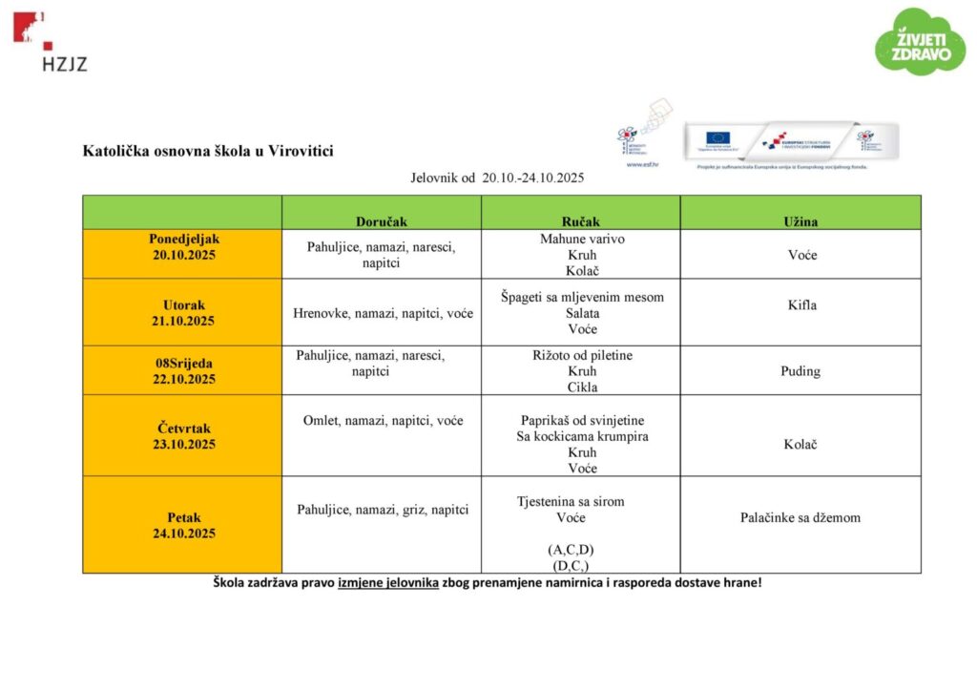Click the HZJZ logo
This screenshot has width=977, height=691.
(x=51, y=42)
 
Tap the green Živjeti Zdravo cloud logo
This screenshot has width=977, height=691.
(x=920, y=42)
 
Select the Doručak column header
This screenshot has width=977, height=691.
(x=381, y=220)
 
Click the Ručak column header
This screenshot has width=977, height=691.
(x=580, y=220)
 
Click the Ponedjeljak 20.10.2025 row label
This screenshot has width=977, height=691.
(x=183, y=246)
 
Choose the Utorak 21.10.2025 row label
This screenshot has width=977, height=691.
(x=183, y=313)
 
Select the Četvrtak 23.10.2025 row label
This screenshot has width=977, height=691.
(x=183, y=436)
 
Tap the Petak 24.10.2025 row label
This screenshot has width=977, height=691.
(x=183, y=525)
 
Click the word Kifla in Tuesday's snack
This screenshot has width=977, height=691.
(x=800, y=305)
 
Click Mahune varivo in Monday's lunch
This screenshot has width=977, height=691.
(x=582, y=239)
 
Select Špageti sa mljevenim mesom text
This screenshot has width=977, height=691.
(x=582, y=297)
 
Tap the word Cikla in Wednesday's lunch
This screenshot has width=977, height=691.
(x=582, y=387)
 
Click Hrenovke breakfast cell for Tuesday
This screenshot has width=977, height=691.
(x=383, y=312)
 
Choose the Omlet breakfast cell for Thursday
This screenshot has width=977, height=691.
(x=383, y=420)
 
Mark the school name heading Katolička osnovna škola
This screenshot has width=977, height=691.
(x=208, y=151)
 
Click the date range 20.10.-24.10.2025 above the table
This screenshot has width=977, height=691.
(x=532, y=178)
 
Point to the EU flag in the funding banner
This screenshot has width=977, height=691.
(x=717, y=138)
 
